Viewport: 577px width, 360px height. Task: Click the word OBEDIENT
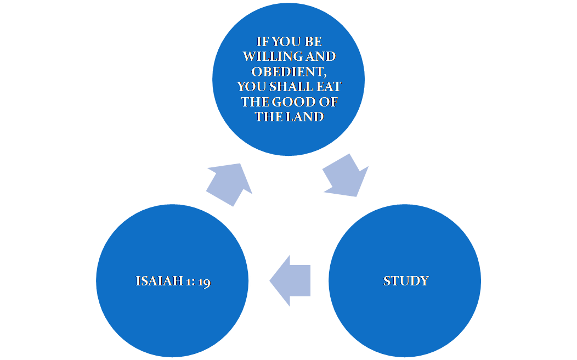click(287, 72)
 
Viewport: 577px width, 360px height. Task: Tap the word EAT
click(329, 87)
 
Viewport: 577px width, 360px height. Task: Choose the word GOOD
click(295, 102)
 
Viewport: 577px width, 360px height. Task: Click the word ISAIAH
click(159, 281)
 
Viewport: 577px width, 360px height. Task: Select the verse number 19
click(204, 282)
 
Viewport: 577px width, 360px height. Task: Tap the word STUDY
click(406, 281)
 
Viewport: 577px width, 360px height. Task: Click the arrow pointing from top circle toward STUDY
click(346, 175)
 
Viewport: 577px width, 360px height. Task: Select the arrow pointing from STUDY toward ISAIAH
click(290, 281)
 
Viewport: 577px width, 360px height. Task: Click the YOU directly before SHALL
click(252, 87)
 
